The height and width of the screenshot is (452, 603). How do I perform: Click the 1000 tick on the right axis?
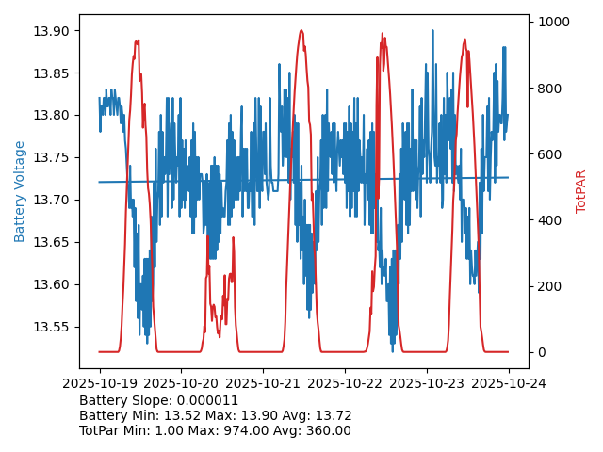(x=555, y=22)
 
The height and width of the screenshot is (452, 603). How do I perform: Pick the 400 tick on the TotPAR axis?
(x=551, y=220)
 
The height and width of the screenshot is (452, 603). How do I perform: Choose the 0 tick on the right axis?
(x=544, y=352)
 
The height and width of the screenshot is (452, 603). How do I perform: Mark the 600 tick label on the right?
(x=551, y=154)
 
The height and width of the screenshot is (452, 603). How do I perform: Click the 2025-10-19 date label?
(x=99, y=383)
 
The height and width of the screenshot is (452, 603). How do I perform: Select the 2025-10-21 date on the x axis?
(x=263, y=383)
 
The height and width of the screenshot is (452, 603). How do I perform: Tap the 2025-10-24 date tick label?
(x=509, y=383)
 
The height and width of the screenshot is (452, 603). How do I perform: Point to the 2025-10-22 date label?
(x=345, y=383)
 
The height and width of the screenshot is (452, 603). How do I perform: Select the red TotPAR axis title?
(x=581, y=191)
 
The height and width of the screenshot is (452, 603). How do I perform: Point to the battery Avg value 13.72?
(x=333, y=415)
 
